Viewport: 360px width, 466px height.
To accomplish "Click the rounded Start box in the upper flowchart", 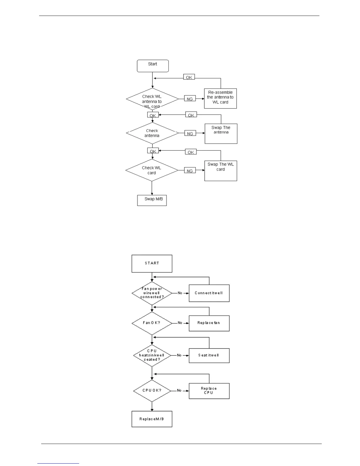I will tap(153, 66).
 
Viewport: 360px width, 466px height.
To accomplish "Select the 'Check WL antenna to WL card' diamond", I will tap(152, 99).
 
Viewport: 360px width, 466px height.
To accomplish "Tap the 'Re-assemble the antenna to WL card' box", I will tap(220, 98).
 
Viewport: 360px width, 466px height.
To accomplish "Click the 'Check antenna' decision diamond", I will tap(152, 133).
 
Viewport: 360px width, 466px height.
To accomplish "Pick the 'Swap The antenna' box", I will tap(221, 134).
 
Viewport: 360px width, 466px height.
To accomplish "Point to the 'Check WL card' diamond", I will tap(152, 170).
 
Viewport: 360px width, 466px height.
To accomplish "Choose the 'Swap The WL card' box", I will tap(221, 171).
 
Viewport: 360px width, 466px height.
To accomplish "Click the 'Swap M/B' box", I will tap(152, 200).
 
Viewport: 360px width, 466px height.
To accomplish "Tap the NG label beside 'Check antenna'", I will tap(190, 134).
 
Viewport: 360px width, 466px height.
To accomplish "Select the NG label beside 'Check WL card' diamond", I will tap(190, 171).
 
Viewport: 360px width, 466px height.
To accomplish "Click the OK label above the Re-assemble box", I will tap(189, 77).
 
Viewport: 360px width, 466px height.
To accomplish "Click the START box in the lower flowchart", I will tap(152, 264).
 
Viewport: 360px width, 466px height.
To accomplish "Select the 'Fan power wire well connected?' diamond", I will tap(152, 293).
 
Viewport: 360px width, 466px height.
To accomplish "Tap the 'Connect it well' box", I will tap(209, 293).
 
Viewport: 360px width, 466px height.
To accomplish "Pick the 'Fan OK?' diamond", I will tap(152, 323).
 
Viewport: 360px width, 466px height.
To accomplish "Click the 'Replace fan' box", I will tap(209, 323).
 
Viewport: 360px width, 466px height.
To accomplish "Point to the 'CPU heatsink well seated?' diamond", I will tap(152, 355).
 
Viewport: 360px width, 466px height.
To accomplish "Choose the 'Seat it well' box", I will tap(209, 355).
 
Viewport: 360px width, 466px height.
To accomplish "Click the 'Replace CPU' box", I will tap(209, 391).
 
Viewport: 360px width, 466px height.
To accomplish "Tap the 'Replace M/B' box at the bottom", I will tap(152, 419).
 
